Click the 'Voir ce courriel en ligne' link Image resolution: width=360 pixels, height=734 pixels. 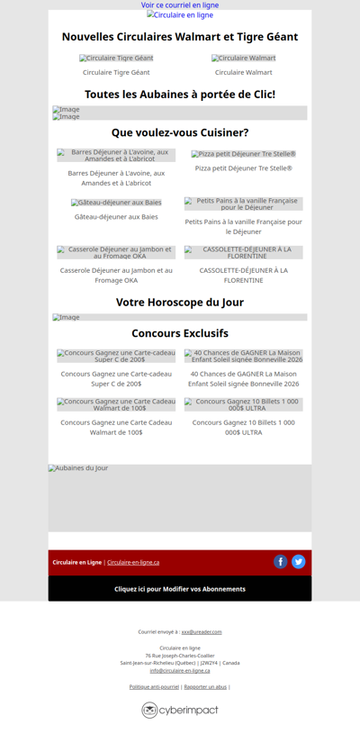click(180, 5)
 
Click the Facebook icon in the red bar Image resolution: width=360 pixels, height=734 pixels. click(281, 562)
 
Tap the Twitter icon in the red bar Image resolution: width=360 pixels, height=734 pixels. click(299, 562)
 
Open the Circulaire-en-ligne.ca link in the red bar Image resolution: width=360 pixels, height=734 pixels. click(133, 563)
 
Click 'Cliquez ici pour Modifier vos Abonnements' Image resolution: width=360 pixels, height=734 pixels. click(180, 589)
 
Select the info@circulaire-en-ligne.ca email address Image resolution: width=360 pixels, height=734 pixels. click(180, 670)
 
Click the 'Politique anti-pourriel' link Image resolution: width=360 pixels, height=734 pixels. click(154, 687)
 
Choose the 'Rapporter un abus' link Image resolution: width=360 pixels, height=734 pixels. click(205, 687)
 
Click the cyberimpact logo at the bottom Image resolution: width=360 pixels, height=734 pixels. click(180, 711)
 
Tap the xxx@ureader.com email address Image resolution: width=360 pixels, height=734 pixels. click(202, 632)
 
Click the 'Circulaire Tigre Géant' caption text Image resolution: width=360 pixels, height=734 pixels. click(116, 72)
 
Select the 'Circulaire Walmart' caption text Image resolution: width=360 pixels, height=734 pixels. click(244, 72)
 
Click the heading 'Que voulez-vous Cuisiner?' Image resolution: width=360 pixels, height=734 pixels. click(180, 132)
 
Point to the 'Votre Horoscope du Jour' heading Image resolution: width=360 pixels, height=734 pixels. click(180, 303)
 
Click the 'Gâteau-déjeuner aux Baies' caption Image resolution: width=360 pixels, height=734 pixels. click(116, 217)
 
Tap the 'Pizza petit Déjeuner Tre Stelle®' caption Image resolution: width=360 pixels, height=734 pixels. click(244, 168)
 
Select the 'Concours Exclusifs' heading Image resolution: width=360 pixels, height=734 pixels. click(180, 333)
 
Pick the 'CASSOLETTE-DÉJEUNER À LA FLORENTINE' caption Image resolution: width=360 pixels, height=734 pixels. click(244, 275)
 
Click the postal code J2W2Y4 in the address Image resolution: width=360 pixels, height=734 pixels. click(210, 663)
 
